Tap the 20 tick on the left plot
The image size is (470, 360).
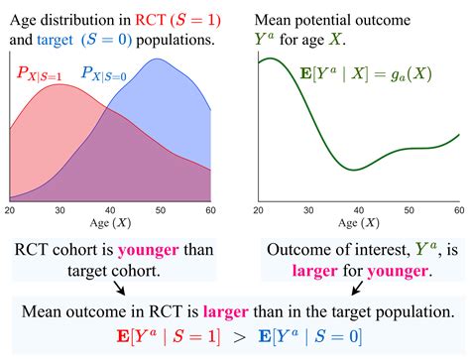10,210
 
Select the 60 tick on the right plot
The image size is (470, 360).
458,210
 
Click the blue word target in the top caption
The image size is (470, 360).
59,41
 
